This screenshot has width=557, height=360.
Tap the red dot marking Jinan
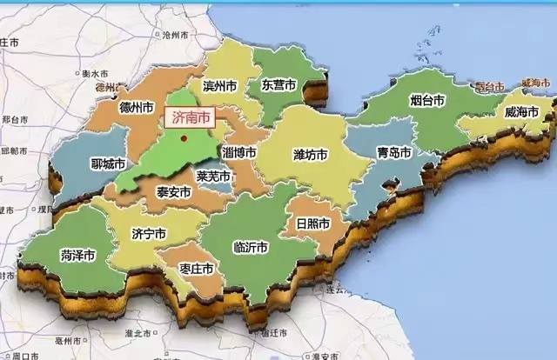click(x=184, y=137)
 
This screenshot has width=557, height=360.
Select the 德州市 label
click(x=137, y=108)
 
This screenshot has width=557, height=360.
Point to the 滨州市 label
click(x=220, y=85)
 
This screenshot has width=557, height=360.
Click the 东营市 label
click(x=278, y=84)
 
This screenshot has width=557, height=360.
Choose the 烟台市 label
click(x=427, y=101)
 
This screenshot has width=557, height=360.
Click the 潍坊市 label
click(x=310, y=155)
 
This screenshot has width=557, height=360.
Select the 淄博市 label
click(x=239, y=152)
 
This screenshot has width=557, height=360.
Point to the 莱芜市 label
click(x=213, y=177)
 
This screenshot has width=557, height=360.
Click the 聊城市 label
click(x=108, y=163)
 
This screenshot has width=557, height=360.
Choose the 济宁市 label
click(x=148, y=234)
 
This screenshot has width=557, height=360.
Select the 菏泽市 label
click(x=77, y=255)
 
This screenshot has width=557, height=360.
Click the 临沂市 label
click(x=252, y=247)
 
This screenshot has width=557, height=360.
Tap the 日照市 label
click(x=312, y=223)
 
